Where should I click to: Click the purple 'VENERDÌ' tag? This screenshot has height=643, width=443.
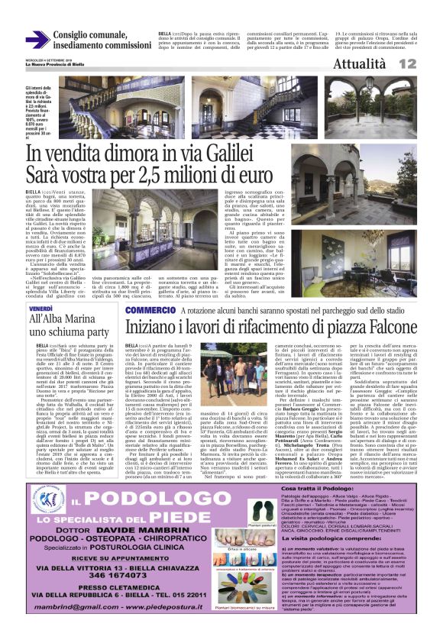pos(41,309)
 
